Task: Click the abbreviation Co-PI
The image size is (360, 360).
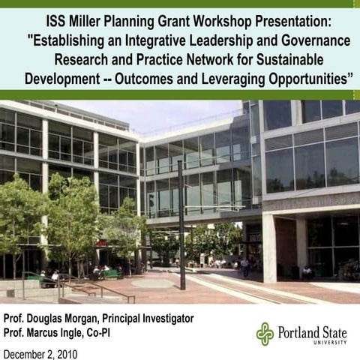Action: click(115, 332)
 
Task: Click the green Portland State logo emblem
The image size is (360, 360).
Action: click(265, 334)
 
